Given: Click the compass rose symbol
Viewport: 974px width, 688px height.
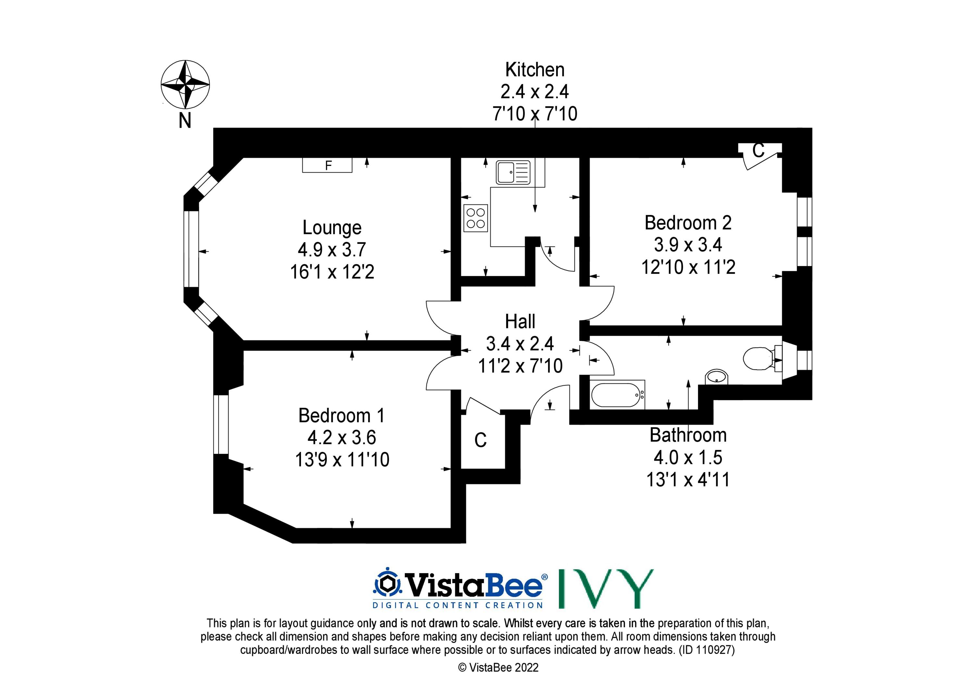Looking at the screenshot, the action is coord(185,84).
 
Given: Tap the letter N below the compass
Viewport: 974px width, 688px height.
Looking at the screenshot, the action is coord(185,121).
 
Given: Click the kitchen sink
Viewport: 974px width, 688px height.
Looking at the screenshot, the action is coord(513,173).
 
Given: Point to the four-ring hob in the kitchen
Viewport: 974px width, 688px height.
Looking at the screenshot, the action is coord(476,218).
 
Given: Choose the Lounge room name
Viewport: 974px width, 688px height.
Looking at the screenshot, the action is coord(332,228).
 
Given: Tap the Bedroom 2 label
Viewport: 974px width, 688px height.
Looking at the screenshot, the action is coord(688,223).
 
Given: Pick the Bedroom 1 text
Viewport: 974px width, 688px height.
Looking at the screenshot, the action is coord(342,416).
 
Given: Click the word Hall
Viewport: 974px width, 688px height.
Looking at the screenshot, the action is coord(520,322).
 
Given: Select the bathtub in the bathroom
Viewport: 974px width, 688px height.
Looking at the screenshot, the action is coord(618,395).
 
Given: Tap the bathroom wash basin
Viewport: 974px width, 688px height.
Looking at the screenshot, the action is coord(717,377).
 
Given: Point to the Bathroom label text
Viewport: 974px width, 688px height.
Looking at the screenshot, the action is coord(688,435).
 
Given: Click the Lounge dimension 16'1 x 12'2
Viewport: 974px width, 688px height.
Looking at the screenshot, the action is coord(332,272).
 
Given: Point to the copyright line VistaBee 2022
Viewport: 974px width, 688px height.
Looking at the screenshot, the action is coord(498,668).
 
